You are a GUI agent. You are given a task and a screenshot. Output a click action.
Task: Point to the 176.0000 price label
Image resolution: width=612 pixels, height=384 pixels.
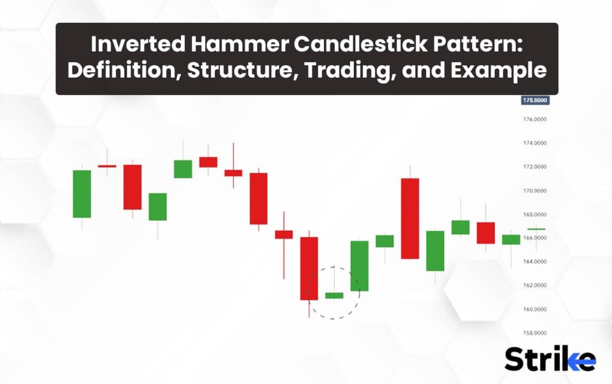click(535, 119)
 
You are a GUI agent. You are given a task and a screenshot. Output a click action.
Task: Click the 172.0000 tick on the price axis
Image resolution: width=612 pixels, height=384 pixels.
click(535, 167)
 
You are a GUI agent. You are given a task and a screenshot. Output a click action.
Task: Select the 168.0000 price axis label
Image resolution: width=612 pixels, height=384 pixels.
click(535, 214)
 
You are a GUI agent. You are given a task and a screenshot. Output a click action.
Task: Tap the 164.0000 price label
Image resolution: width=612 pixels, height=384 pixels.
click(535, 262)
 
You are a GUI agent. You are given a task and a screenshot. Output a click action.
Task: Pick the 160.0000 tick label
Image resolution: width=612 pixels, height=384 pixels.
click(535, 309)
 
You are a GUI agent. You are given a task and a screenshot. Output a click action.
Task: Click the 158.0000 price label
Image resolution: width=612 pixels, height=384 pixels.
click(535, 333)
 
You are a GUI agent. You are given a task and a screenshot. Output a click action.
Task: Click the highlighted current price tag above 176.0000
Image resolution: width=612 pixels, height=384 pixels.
click(535, 100)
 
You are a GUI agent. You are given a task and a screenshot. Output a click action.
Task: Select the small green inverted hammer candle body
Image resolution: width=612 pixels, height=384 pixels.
click(333, 295)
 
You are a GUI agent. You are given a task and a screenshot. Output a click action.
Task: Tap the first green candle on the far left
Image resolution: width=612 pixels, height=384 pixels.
click(82, 193)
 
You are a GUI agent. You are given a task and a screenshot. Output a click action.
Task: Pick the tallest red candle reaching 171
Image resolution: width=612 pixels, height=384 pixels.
click(410, 218)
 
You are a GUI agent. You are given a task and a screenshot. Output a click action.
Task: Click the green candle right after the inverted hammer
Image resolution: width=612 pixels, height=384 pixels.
click(359, 266)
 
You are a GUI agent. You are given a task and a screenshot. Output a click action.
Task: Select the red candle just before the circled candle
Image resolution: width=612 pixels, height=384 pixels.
click(309, 268)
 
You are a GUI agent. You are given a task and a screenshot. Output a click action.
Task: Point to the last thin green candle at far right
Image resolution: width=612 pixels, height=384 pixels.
click(536, 229)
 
